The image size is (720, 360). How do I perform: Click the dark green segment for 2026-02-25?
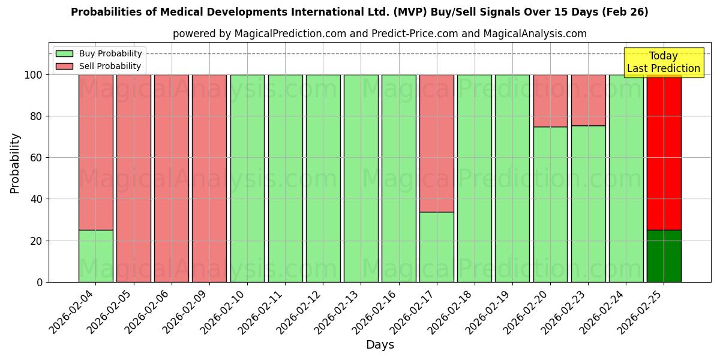coord(664,256)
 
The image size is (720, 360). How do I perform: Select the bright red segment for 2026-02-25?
coord(664,152)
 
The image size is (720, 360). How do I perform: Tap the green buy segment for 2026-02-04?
coord(95,256)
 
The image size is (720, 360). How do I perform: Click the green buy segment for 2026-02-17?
coord(436,247)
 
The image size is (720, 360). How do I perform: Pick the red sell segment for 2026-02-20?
coord(550,101)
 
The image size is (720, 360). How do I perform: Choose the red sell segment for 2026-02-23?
coord(588,100)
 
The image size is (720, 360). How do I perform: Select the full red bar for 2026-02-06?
coord(171,178)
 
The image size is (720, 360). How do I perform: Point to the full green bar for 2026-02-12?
coord(323,178)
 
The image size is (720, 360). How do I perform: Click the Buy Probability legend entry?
coord(110,53)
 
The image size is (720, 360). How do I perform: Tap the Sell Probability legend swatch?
coord(64,66)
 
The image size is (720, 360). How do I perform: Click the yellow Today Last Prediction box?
coord(663,62)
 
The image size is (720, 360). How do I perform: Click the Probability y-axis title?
coord(15,163)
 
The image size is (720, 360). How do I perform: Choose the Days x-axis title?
coord(380,345)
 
